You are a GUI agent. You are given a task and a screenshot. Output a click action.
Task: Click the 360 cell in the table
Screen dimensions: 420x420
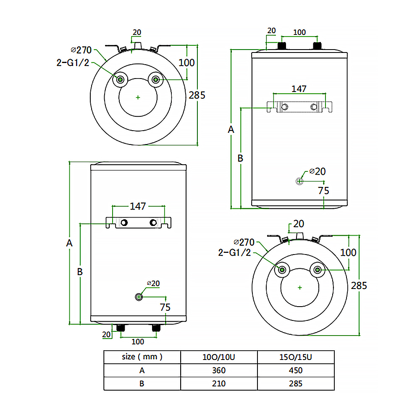tap(219, 370)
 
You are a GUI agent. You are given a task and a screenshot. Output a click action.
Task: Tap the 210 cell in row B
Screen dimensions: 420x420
tap(219, 383)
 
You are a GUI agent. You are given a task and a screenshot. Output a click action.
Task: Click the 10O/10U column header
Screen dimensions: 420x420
tap(219, 357)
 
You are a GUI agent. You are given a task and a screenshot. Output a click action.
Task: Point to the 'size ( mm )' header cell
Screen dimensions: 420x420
tap(142, 357)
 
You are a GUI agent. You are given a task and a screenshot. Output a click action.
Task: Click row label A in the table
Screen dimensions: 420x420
tap(142, 370)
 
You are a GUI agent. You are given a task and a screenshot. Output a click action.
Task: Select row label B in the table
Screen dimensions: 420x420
tap(142, 383)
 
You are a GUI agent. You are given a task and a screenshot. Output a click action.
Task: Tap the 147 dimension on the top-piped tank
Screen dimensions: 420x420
tap(299, 89)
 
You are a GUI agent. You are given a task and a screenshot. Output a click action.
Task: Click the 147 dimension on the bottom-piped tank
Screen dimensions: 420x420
tap(138, 206)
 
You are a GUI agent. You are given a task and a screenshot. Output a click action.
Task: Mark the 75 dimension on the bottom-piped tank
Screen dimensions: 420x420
tap(165, 307)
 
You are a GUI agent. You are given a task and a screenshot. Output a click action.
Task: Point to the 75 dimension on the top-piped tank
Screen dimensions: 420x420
tap(323, 190)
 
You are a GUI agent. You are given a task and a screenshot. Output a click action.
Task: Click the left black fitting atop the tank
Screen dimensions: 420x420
tap(282, 45)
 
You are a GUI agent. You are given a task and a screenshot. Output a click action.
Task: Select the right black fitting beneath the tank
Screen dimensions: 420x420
tap(156, 328)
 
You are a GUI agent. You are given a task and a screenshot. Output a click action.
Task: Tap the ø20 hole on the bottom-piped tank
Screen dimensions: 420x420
tap(139, 297)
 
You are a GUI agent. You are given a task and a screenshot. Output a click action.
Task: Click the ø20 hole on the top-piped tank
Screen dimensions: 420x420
tap(299, 181)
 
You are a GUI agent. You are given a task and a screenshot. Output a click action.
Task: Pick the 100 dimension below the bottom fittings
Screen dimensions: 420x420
tap(138, 341)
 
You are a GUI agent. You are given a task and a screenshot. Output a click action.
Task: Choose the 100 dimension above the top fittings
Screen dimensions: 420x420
tap(299, 32)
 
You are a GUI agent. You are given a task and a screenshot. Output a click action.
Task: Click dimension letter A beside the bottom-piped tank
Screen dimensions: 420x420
tap(70, 243)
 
